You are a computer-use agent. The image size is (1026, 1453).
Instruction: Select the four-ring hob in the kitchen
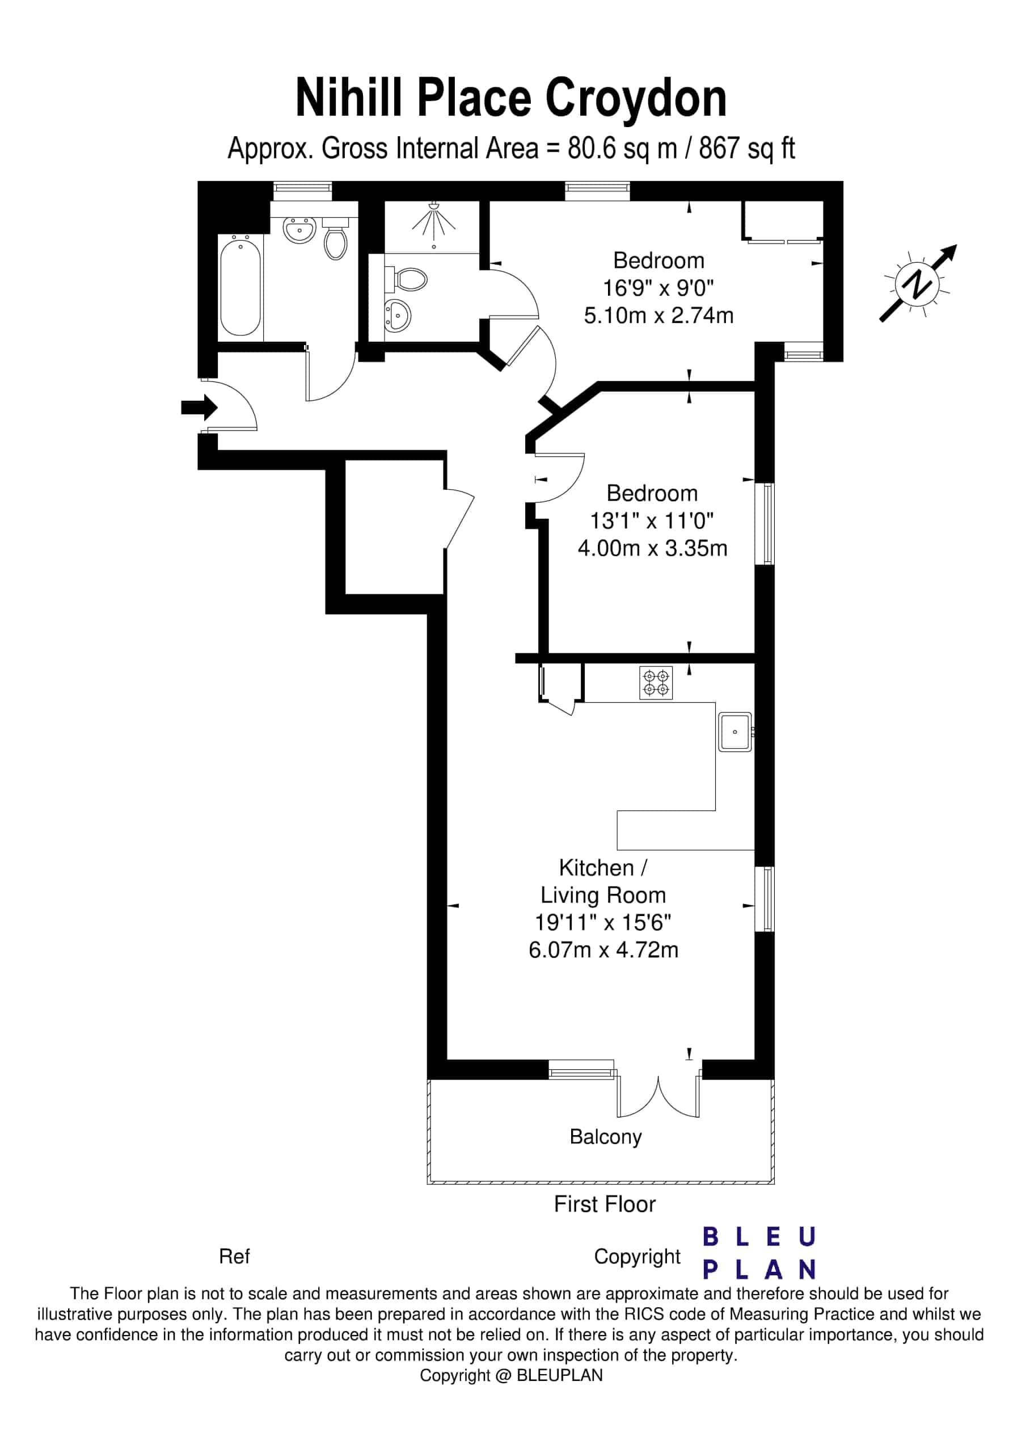(656, 682)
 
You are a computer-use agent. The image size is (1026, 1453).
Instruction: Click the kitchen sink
(734, 732)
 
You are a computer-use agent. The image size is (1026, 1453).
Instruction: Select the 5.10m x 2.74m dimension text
(658, 315)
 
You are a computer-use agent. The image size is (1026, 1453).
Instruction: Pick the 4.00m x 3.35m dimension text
(652, 548)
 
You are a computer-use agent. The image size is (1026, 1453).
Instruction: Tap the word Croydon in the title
(636, 99)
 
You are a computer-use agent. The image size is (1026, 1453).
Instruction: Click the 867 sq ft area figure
(746, 149)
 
